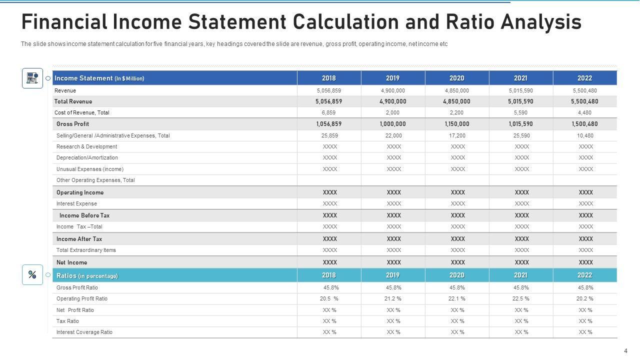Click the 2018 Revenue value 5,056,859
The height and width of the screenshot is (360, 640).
coord(329,91)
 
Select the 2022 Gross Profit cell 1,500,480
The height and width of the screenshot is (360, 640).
coord(584,124)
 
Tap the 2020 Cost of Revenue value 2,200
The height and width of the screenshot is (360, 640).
coord(457,113)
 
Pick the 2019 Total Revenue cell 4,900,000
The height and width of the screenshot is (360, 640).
coord(393,101)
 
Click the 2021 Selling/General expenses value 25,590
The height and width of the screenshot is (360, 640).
coord(521,135)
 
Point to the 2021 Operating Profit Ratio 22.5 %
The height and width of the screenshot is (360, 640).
coord(521,299)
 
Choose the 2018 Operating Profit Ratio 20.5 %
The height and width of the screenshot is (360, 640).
coord(329,299)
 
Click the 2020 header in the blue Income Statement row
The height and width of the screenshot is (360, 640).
coord(456,78)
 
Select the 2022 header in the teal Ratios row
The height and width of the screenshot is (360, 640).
coord(584,275)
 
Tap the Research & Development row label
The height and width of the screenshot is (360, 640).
coord(86,147)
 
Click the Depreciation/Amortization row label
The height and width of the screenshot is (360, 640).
coord(87,158)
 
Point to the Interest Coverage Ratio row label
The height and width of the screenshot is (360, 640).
coord(84,332)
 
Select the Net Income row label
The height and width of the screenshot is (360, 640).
coord(71,262)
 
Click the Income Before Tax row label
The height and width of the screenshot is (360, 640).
coord(84,215)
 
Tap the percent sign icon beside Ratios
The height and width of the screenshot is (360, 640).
coord(32,274)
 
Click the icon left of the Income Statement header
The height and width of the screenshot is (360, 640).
coord(32,78)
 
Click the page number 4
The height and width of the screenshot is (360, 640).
coord(625,351)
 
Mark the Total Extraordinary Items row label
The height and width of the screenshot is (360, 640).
coord(86,250)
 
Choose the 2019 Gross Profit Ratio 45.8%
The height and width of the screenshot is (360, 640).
coord(393,288)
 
